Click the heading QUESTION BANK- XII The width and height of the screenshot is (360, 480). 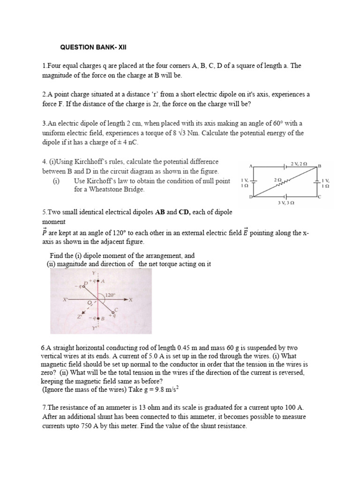94,47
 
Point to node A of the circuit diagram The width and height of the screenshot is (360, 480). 252,166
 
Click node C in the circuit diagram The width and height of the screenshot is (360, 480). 320,197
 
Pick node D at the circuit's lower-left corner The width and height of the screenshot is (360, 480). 250,197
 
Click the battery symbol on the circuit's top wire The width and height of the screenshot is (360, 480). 285,166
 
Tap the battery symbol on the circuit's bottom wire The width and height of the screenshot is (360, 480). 285,196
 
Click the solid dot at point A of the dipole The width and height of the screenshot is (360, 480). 97,280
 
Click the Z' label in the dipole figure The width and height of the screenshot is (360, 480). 80,317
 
